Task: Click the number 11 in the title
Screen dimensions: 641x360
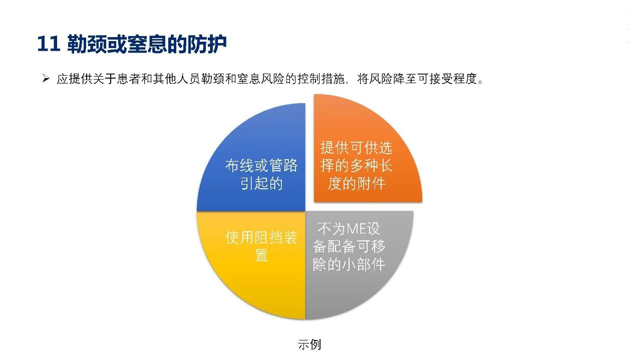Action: click(49, 44)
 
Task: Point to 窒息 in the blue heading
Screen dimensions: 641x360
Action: click(147, 44)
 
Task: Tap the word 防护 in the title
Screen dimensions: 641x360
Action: click(207, 44)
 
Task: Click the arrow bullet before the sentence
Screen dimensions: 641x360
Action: click(46, 78)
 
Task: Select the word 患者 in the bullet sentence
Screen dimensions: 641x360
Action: click(129, 79)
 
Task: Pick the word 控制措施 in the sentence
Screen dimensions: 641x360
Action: click(321, 79)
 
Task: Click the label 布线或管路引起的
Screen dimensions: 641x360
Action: click(261, 174)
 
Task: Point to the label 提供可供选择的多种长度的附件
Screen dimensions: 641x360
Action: click(356, 165)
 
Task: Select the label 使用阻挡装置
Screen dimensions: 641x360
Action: click(261, 246)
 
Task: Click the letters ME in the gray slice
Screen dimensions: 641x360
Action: click(356, 229)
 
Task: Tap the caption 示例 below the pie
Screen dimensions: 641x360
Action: click(309, 344)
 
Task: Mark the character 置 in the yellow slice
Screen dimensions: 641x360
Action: click(261, 255)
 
